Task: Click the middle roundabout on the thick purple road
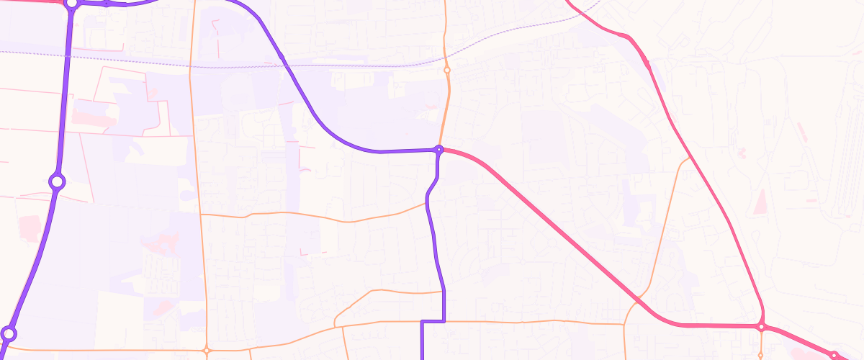pos(57,181)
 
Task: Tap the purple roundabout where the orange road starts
pos(9,334)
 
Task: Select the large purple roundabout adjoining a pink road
pos(71,4)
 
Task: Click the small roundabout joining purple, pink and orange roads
pos(438,150)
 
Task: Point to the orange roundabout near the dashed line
pos(447,71)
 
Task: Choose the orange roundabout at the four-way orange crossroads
pos(206,351)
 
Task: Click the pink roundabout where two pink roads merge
pos(761,327)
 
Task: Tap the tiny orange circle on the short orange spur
pos(761,355)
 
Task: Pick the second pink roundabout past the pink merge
pos(834,356)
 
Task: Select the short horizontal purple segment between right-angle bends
pos(432,321)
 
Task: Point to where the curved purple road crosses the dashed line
pos(286,65)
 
